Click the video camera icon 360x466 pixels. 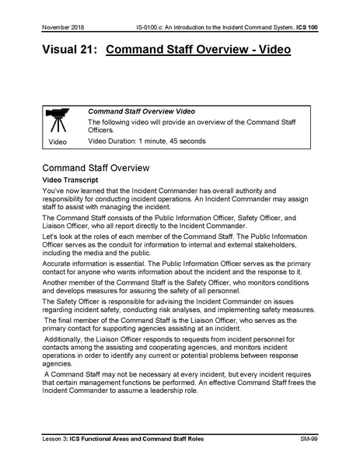58,121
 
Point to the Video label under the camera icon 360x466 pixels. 58,143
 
